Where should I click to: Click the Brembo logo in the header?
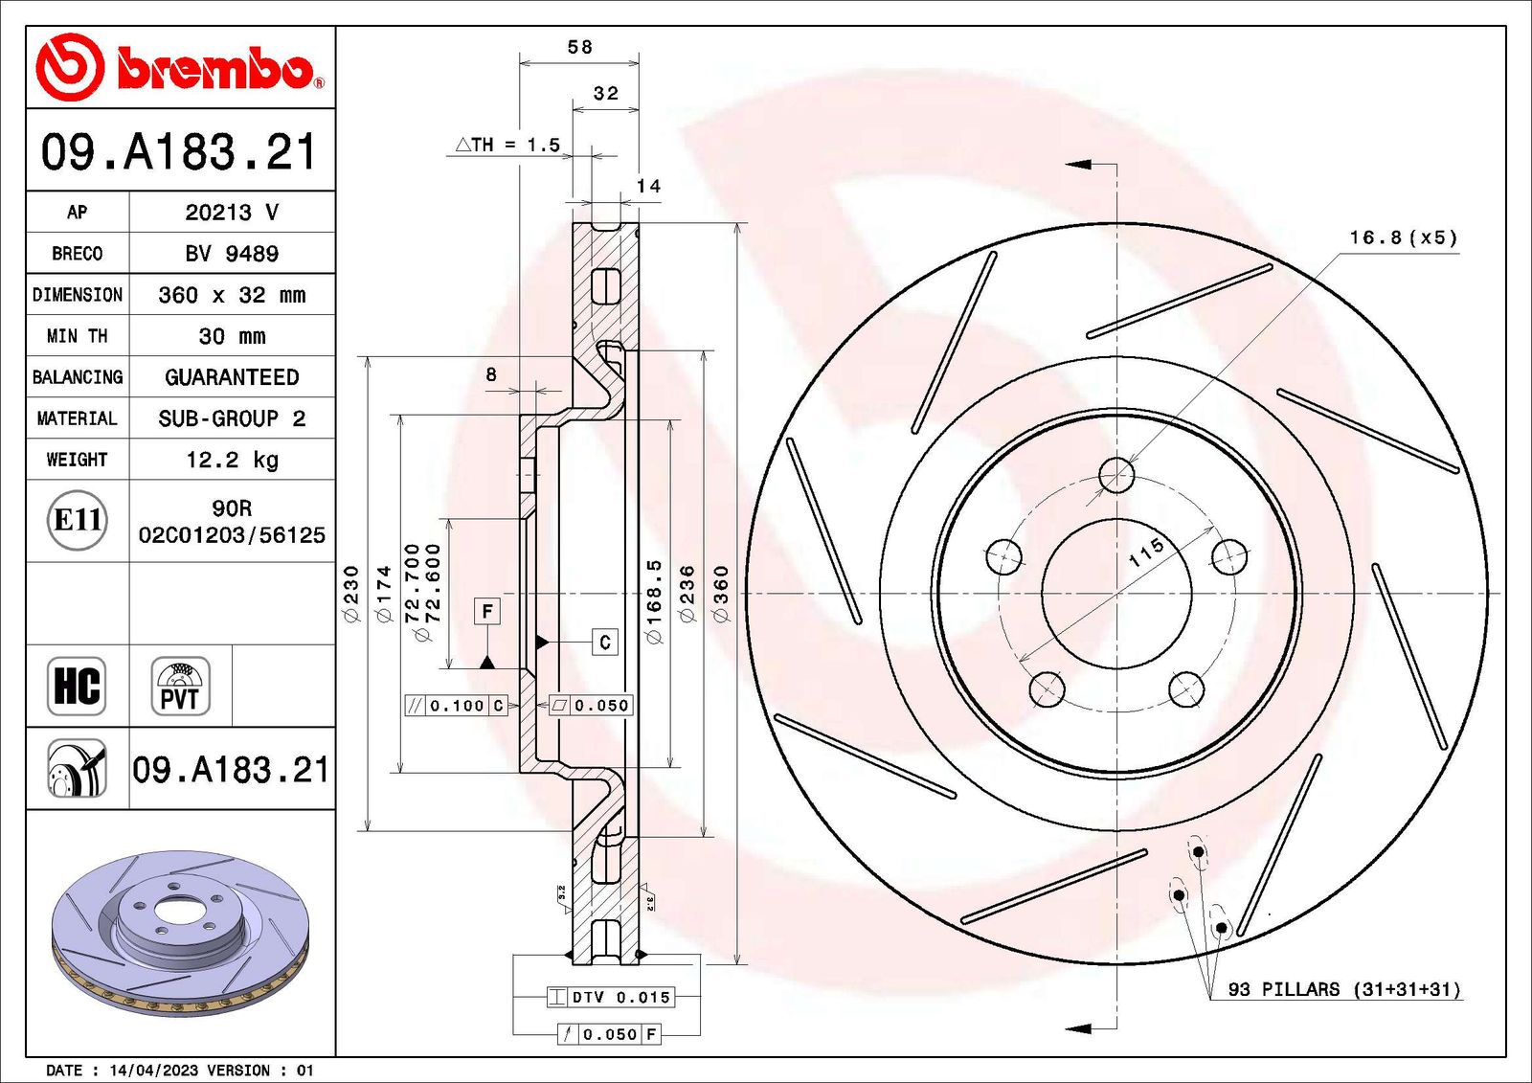pos(179,68)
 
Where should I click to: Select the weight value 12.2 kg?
pos(232,460)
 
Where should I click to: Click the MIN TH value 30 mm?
pos(232,336)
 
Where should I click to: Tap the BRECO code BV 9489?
pos(232,254)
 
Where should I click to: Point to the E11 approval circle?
pos(77,520)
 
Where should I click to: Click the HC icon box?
pos(77,686)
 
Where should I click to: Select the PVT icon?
pos(180,686)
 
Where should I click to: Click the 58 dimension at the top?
pos(579,47)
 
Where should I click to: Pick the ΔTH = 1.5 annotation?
pos(507,145)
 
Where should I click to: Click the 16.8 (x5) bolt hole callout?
pos(1403,237)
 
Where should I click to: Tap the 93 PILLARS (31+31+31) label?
pos(1344,989)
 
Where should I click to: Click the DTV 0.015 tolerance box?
pos(611,997)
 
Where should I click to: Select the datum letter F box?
pos(487,611)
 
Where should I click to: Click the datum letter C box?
pos(604,642)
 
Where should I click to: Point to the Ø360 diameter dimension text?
pos(721,594)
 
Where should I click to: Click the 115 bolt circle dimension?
pos(1145,552)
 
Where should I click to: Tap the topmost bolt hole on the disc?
pos(1116,474)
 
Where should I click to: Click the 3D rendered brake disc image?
pos(179,931)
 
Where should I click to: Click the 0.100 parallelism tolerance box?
pos(457,706)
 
